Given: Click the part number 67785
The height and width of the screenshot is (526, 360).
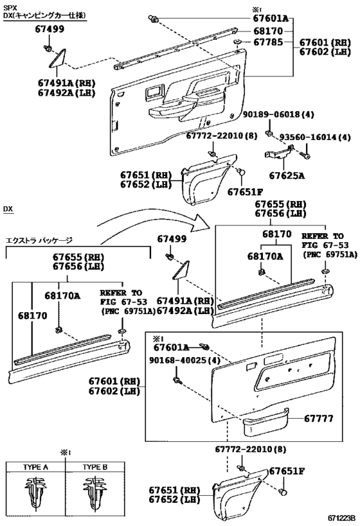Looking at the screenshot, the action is [268, 42].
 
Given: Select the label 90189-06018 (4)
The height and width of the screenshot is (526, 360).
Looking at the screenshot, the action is [278, 115].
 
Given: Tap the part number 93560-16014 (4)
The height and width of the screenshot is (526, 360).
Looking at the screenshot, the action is [315, 137].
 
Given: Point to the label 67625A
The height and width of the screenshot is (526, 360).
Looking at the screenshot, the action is [287, 175].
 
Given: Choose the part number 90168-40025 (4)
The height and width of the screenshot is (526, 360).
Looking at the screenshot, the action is [184, 360].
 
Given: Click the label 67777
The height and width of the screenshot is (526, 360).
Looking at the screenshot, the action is [318, 419].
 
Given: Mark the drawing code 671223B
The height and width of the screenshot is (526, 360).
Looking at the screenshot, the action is [341, 518].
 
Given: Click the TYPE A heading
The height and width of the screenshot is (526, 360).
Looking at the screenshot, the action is [35, 467].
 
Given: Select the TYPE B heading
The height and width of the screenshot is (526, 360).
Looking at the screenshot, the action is [95, 467].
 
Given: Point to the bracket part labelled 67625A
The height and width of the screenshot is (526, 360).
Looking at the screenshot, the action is [279, 153].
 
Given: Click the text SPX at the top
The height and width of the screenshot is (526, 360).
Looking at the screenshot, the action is [9, 7].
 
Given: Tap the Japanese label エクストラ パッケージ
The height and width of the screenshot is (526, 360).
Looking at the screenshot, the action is [39, 241].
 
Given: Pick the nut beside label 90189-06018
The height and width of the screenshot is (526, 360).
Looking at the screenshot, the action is [269, 133].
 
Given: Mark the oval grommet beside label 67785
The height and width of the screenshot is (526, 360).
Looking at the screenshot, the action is [238, 42].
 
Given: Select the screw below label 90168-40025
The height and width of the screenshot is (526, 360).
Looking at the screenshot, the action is [177, 380].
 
